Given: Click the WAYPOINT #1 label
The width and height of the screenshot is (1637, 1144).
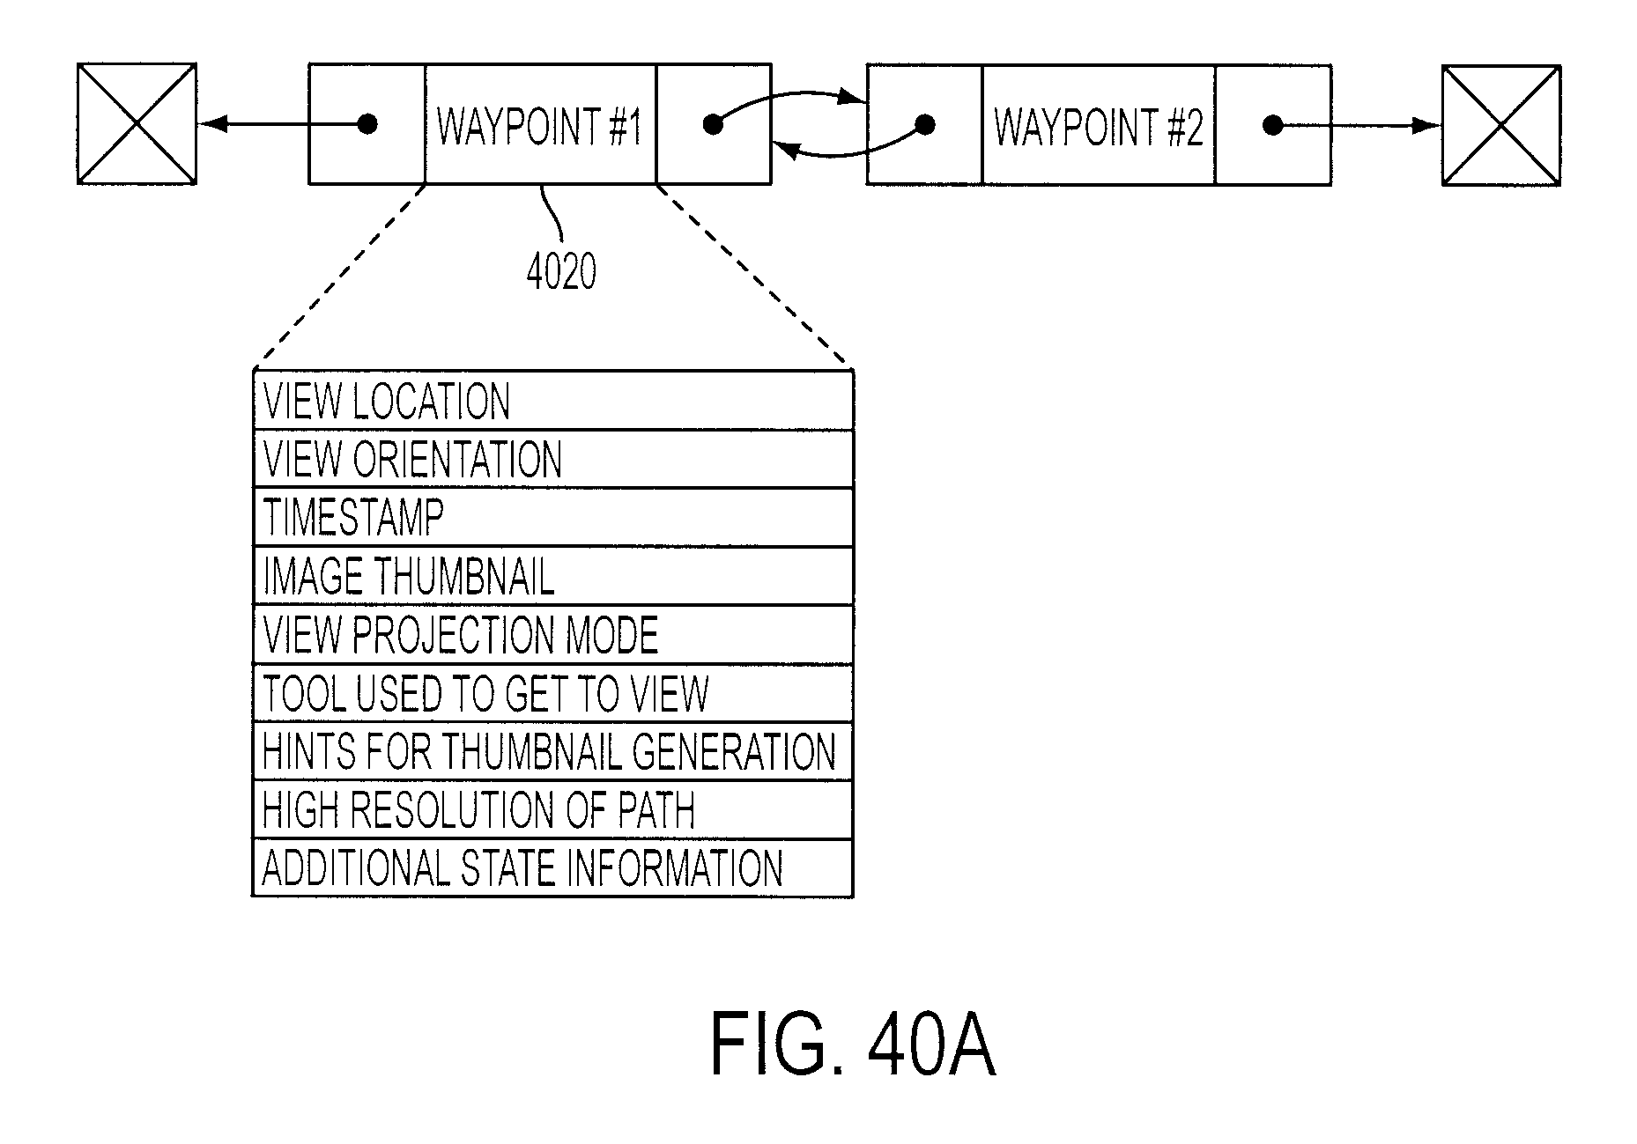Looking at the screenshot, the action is click(x=539, y=126).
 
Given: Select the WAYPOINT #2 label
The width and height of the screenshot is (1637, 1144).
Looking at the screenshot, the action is click(x=1099, y=126).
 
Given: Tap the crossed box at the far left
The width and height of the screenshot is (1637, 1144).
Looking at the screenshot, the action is click(x=137, y=123).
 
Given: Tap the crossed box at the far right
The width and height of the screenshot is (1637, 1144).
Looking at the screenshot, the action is click(x=1500, y=125).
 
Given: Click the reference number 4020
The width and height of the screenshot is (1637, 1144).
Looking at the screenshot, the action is click(x=561, y=272).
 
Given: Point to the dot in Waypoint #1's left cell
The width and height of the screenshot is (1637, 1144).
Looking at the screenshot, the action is click(x=368, y=124).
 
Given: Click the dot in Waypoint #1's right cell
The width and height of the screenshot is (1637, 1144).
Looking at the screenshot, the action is click(x=714, y=125).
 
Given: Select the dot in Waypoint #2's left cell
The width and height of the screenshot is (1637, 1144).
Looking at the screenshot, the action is click(x=925, y=125).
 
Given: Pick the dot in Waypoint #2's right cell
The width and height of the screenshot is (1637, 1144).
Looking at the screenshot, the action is click(x=1272, y=125).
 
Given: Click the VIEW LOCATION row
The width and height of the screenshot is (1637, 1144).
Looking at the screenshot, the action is click(x=553, y=401).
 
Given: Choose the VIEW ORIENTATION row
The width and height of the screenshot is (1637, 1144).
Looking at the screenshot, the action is click(x=553, y=459).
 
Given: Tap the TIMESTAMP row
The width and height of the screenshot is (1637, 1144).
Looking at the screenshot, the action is click(x=553, y=517).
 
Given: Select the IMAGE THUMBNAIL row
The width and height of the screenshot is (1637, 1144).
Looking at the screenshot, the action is click(x=553, y=575).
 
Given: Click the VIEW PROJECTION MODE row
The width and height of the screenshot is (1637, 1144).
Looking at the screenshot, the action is click(x=553, y=634).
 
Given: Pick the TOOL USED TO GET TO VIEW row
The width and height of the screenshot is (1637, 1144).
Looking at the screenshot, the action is click(x=553, y=693).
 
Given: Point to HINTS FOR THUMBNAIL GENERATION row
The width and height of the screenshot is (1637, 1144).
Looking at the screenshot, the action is click(x=553, y=751).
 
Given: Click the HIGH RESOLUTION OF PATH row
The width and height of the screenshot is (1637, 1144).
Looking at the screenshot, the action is click(x=553, y=809).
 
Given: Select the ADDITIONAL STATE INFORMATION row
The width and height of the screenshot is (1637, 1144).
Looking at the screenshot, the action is click(x=553, y=867).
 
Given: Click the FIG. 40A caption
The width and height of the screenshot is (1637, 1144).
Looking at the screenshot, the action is click(x=853, y=1044).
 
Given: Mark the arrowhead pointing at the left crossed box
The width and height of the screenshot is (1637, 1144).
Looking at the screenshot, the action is click(x=212, y=124).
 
